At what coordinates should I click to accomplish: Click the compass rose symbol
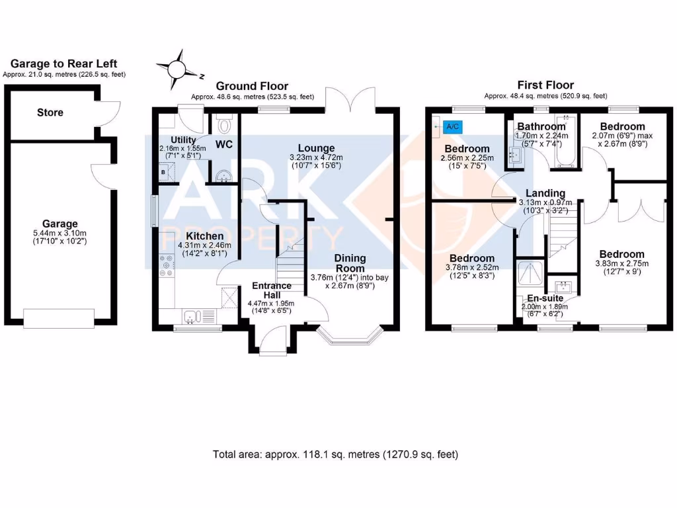177,69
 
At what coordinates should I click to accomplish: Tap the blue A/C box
453,125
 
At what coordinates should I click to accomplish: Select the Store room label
50,112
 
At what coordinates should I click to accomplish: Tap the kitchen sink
191,317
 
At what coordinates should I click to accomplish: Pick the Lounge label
316,148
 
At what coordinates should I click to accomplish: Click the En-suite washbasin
563,287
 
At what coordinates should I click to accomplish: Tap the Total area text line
335,454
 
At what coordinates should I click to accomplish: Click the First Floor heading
546,85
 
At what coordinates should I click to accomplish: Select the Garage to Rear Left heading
64,63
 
